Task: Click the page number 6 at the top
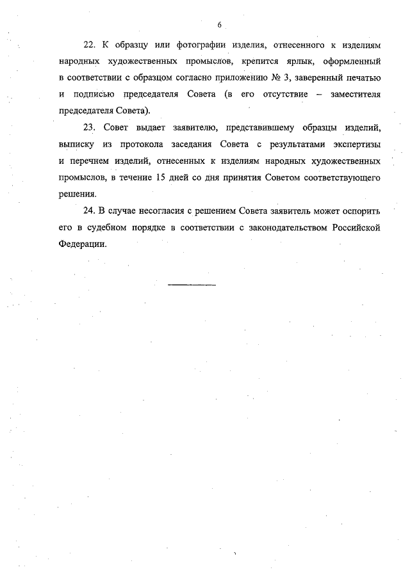click(x=219, y=24)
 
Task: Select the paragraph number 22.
click(x=88, y=46)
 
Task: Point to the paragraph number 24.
click(x=88, y=209)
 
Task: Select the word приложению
click(x=238, y=78)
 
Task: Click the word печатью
click(x=363, y=78)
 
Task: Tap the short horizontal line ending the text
click(x=192, y=284)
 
